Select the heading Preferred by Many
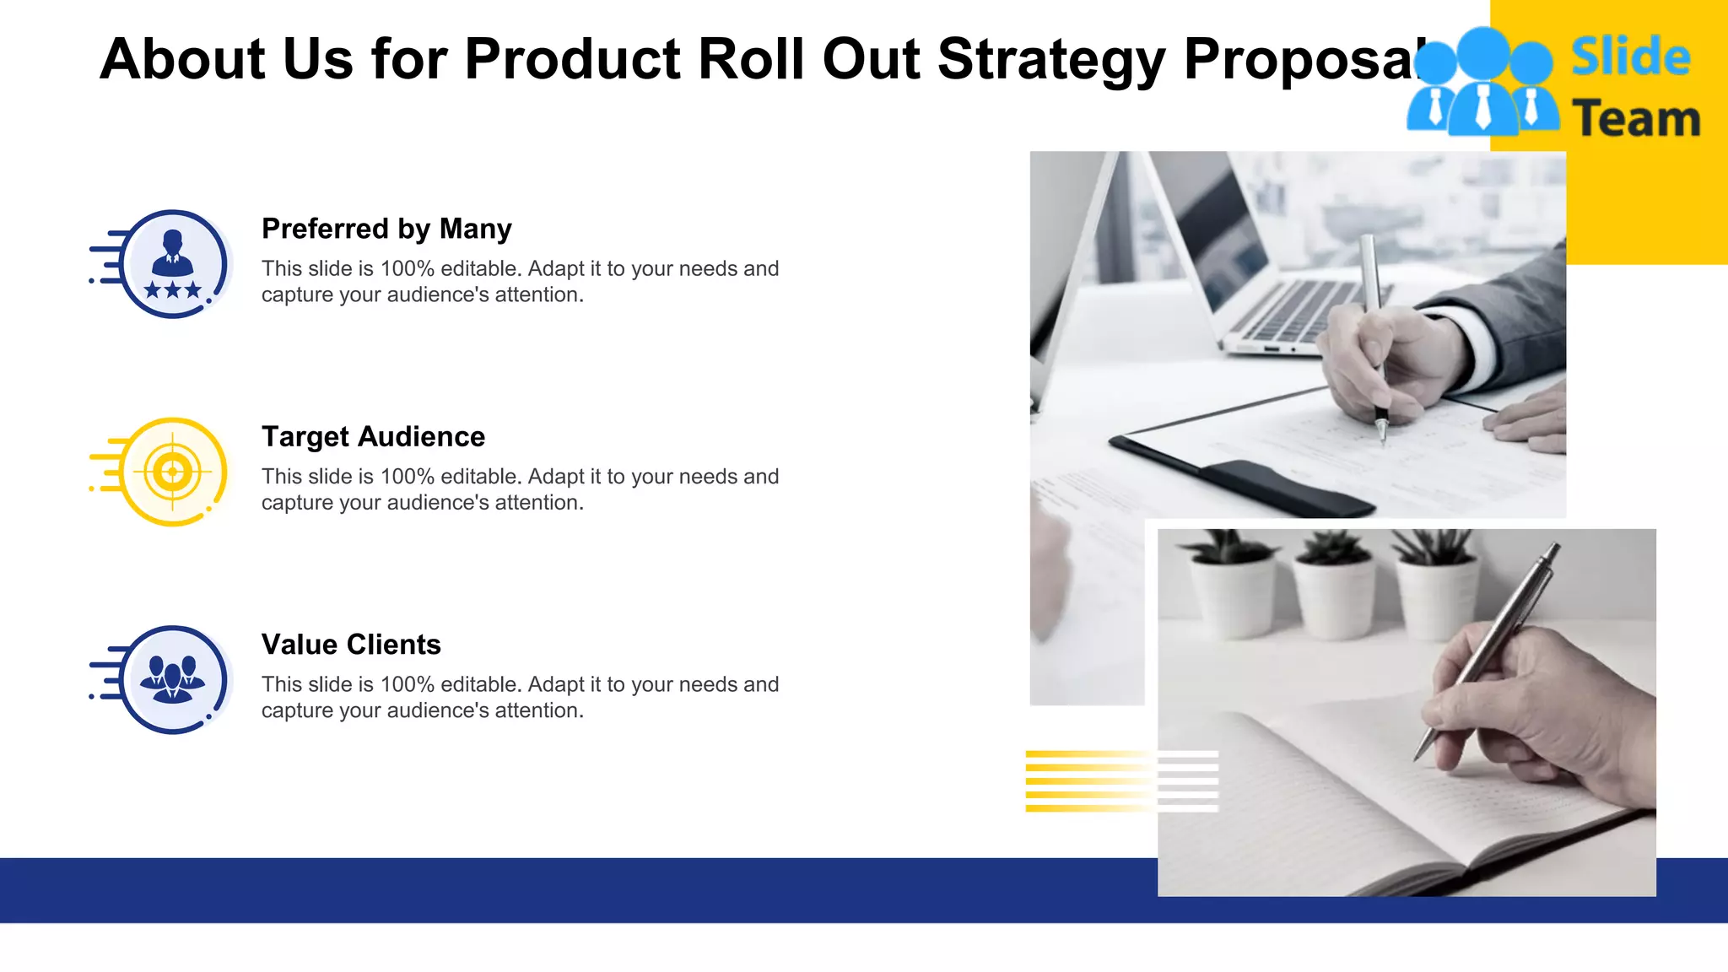[386, 229]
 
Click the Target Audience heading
[373, 436]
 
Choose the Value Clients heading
[351, 645]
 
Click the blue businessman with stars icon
[173, 263]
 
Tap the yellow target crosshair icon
[173, 471]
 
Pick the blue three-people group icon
[173, 679]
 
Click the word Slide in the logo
[1630, 57]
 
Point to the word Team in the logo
[1635, 119]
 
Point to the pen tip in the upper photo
[1382, 438]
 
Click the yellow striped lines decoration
[1088, 780]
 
